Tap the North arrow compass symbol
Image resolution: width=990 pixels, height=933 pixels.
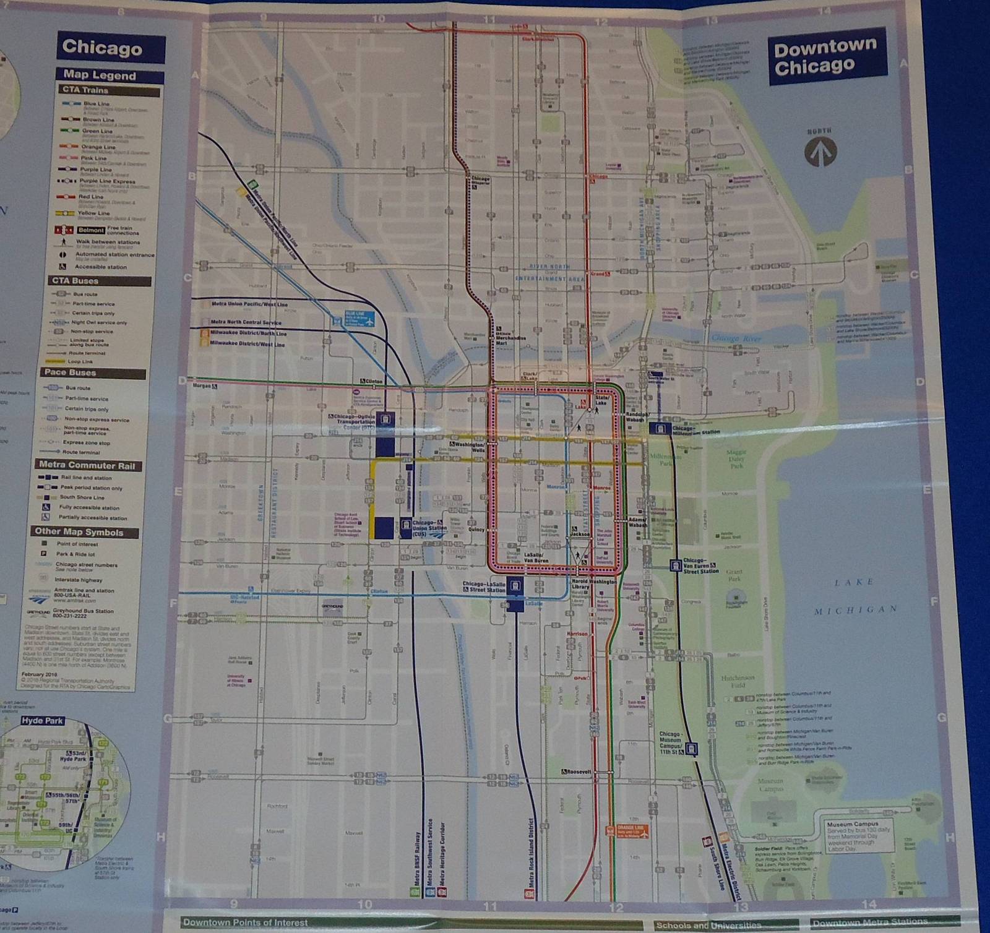pos(820,150)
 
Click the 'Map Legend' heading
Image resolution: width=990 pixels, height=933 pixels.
pos(100,75)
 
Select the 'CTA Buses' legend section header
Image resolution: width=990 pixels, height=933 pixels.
pos(75,280)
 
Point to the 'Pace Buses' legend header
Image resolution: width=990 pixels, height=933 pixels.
pos(70,372)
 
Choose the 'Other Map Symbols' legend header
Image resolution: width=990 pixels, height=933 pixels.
pos(79,531)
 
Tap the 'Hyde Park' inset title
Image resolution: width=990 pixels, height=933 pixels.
pos(42,721)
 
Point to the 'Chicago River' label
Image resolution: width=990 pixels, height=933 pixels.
pos(736,338)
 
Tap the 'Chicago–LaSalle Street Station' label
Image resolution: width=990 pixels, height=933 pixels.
pos(484,587)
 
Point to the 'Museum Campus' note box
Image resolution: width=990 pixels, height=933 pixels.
pos(860,836)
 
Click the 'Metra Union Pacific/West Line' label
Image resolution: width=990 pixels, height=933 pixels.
pos(249,304)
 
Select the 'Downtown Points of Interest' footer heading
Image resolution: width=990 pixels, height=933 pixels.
pos(246,922)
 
